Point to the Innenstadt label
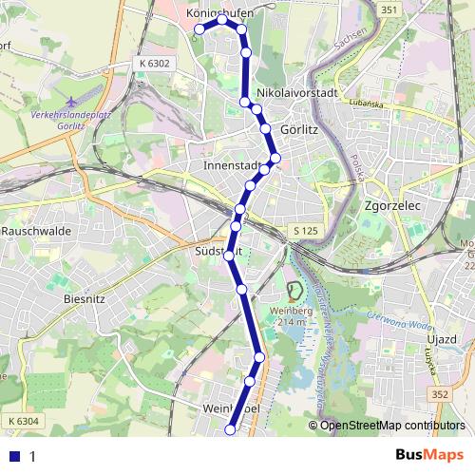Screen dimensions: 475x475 pyautogui.click(x=232, y=165)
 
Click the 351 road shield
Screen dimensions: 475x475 pyautogui.click(x=388, y=9)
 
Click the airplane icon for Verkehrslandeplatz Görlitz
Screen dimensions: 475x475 pyautogui.click(x=70, y=102)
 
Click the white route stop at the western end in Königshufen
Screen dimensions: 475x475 pyautogui.click(x=199, y=29)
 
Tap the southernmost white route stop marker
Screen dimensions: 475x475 pyautogui.click(x=229, y=430)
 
